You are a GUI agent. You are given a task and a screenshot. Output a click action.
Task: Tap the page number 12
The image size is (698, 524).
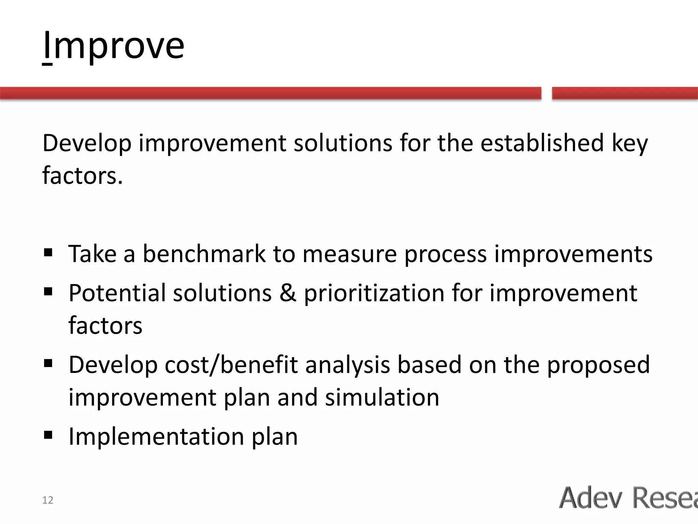click(48, 500)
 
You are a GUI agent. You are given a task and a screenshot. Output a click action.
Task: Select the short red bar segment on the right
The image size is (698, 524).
click(624, 93)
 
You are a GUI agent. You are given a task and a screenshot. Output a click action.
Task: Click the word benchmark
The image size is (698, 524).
click(204, 254)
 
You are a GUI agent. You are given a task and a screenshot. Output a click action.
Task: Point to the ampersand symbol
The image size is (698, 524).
click(288, 293)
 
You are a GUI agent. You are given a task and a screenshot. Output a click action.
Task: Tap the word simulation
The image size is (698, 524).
click(382, 398)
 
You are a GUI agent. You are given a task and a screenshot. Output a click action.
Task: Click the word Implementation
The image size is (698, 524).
click(156, 436)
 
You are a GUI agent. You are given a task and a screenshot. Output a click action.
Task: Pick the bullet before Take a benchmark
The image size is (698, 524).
click(48, 253)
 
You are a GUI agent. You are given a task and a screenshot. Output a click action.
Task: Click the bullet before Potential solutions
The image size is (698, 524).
click(48, 292)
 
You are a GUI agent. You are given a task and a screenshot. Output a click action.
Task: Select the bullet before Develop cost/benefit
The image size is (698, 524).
click(48, 364)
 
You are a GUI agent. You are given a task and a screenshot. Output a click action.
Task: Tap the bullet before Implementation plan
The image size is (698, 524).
click(48, 435)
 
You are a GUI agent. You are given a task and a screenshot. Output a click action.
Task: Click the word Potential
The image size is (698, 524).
click(117, 293)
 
